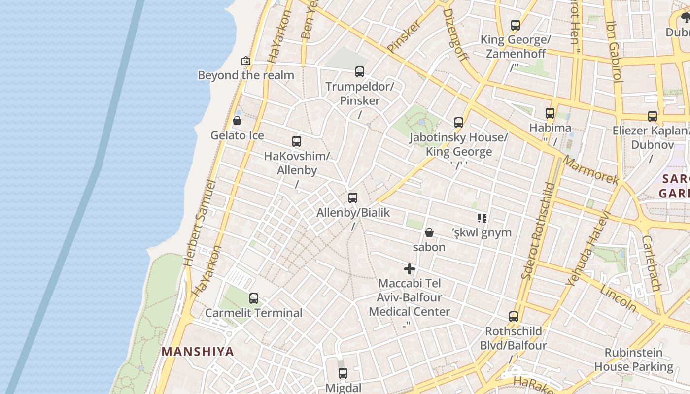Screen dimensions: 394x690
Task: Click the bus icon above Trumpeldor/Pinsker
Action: (x=360, y=72)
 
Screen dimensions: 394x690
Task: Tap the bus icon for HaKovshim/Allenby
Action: (x=297, y=141)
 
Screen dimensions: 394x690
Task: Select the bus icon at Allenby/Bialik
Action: (x=353, y=198)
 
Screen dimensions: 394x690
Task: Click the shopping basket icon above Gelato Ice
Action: (x=237, y=121)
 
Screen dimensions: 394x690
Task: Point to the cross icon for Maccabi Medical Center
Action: (x=410, y=269)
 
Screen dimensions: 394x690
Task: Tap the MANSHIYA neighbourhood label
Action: (x=198, y=352)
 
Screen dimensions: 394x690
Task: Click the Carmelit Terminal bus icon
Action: (x=254, y=298)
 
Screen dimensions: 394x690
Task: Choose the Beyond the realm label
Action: (x=246, y=75)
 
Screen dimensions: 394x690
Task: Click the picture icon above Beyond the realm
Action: (x=246, y=61)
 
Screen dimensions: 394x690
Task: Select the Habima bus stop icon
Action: (x=550, y=113)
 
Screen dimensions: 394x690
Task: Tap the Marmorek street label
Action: (x=590, y=170)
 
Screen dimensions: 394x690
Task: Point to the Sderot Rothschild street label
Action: (x=538, y=230)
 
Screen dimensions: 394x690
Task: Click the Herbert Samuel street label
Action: (x=200, y=224)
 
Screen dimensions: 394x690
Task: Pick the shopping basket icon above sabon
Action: (x=429, y=232)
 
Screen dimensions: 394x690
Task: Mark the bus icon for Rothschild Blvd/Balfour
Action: (x=514, y=317)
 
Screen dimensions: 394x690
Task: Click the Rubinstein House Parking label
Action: (x=634, y=360)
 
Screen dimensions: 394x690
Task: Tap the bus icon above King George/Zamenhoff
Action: (x=516, y=25)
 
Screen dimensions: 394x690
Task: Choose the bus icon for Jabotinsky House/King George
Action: (x=459, y=122)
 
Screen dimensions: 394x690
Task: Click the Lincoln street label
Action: (x=618, y=297)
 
